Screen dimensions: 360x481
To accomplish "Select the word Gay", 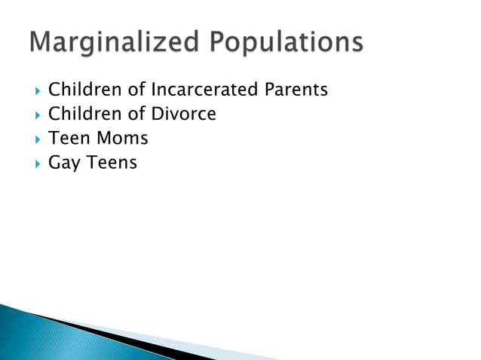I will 62,163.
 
